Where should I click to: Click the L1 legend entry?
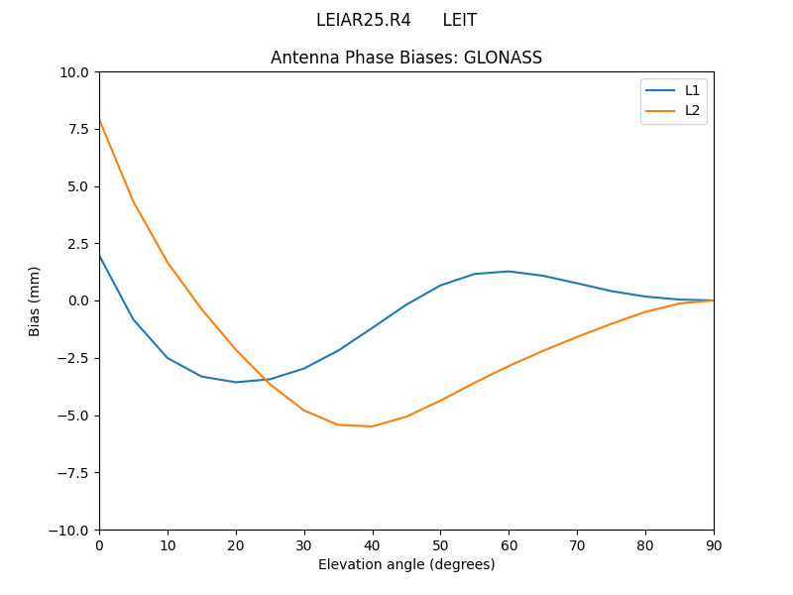[692, 90]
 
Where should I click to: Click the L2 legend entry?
[692, 110]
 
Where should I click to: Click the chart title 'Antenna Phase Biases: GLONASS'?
[406, 58]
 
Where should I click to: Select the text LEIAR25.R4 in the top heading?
[363, 20]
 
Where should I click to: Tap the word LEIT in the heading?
[459, 20]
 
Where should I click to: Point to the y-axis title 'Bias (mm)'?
[35, 300]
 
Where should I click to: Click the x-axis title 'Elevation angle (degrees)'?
[406, 564]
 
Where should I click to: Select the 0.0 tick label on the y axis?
[79, 300]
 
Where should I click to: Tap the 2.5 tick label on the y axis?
[79, 243]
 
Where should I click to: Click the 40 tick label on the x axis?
[372, 544]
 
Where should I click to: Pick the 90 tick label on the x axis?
[713, 544]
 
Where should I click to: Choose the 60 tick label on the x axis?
[509, 544]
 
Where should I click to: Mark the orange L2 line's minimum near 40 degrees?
[372, 426]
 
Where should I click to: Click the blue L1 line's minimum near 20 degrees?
[236, 382]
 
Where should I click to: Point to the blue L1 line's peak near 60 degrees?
[509, 271]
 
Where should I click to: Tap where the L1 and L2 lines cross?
[264, 380]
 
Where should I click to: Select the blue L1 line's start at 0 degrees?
[100, 256]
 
